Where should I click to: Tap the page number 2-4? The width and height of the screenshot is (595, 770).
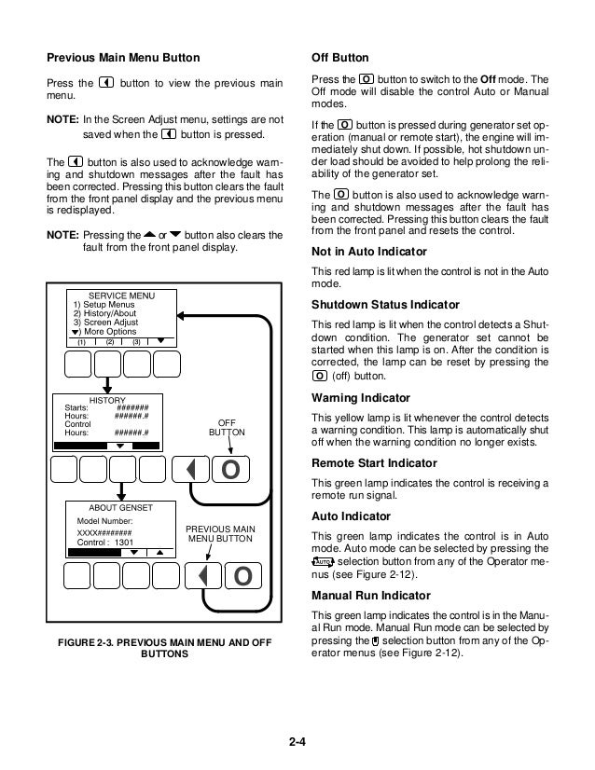297,742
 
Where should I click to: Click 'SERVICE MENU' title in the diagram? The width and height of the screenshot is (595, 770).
121,296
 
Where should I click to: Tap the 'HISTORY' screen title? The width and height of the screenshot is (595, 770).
107,399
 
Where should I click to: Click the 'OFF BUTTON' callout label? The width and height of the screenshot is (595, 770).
228,428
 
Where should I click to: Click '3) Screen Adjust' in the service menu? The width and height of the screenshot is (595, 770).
104,323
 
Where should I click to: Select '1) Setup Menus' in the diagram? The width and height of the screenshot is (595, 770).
103,305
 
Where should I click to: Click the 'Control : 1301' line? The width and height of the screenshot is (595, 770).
104,541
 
